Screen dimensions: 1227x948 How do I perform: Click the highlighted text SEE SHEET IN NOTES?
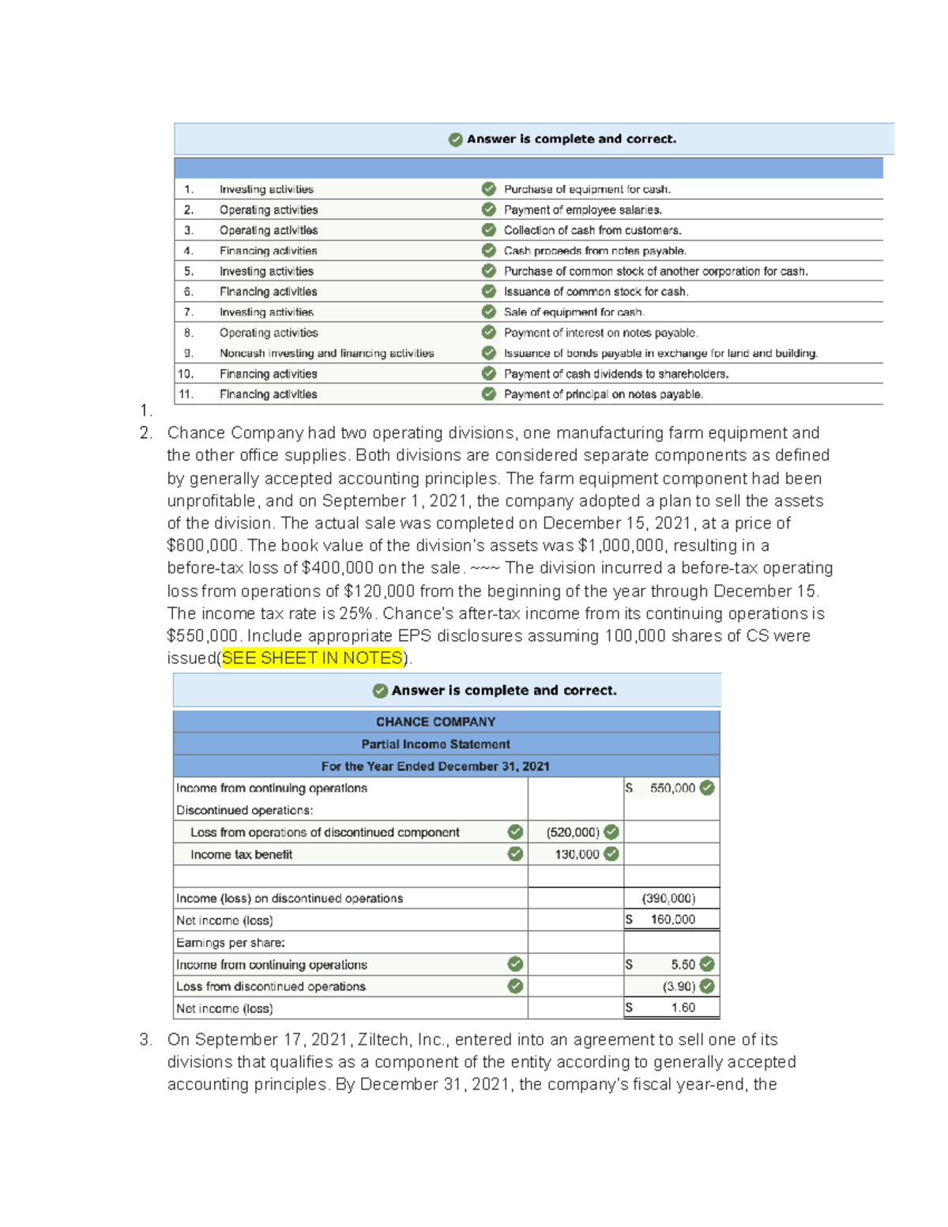(312, 658)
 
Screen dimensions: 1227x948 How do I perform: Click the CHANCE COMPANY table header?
(435, 722)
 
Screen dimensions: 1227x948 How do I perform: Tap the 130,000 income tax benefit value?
(577, 855)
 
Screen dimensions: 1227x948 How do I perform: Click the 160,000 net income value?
(672, 920)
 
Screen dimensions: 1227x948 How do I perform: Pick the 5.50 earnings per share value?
(683, 965)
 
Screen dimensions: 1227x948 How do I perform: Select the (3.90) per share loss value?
(679, 987)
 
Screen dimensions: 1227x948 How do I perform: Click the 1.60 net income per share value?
(683, 1008)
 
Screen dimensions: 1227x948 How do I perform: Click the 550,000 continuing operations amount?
(672, 789)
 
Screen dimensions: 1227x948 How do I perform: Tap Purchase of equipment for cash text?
(587, 190)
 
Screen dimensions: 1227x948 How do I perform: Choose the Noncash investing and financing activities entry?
(326, 353)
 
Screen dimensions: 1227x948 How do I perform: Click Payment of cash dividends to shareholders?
(616, 374)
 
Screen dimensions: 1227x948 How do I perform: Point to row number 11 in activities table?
(186, 394)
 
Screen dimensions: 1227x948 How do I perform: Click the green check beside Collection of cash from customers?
(489, 230)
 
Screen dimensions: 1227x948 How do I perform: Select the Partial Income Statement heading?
(435, 744)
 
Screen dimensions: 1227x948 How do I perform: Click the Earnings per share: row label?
(231, 943)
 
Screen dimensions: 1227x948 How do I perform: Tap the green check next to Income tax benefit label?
(515, 854)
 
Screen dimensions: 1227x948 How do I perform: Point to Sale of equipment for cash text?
(574, 312)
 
